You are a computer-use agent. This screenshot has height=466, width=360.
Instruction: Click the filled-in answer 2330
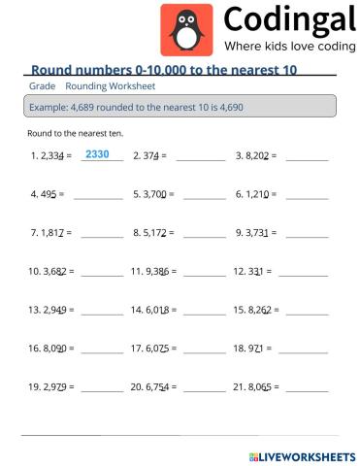[x=97, y=154]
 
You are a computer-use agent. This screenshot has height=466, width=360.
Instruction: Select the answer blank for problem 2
[x=201, y=156]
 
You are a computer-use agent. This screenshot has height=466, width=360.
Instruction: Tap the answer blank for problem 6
[x=306, y=196]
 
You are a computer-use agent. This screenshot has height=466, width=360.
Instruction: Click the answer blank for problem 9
[x=306, y=235]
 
